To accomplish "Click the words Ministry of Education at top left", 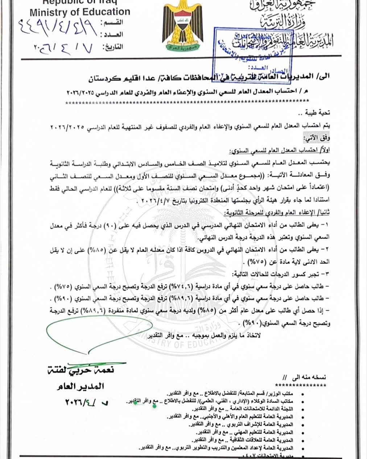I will coord(80,12).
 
